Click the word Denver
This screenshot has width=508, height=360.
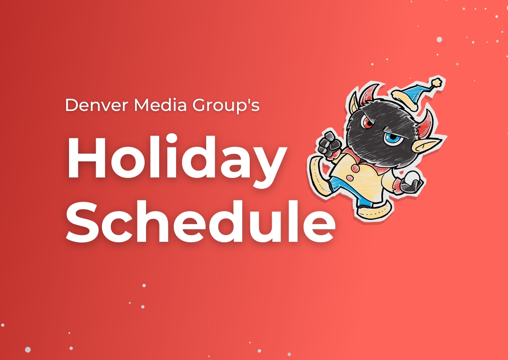pos(97,105)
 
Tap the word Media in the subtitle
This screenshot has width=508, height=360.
pos(160,105)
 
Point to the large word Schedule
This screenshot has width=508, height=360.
pos(201,221)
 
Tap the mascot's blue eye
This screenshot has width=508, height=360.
pos(390,137)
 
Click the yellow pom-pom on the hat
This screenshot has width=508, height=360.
pos(436,82)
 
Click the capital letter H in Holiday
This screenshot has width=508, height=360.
pos(86,157)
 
